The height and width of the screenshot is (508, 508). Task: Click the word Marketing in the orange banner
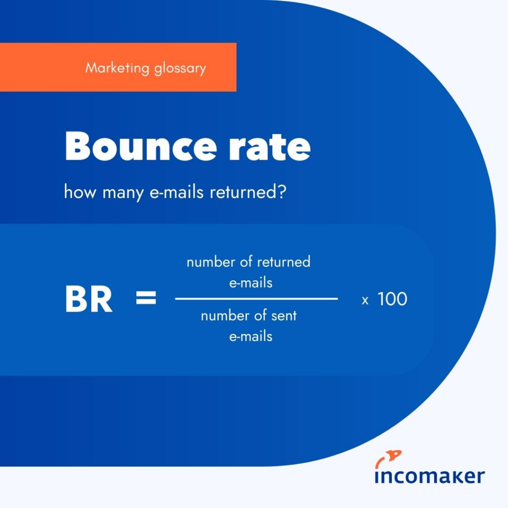[x=117, y=67]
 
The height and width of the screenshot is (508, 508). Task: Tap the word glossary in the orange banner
[x=180, y=68]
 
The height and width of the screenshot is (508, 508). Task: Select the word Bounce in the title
[x=141, y=146]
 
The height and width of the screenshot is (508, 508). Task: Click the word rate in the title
[x=269, y=147]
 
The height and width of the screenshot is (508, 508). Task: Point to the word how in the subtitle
[x=80, y=191]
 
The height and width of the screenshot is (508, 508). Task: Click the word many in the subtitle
[x=123, y=193]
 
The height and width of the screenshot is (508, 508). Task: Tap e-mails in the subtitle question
[x=177, y=191]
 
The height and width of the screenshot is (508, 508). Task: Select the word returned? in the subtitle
[x=248, y=191]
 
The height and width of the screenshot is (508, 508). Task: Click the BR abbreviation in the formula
[x=89, y=299]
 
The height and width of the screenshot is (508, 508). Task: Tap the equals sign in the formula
[x=146, y=298]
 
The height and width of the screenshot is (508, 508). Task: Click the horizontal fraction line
[x=256, y=299]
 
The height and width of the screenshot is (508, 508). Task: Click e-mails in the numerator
[x=251, y=283]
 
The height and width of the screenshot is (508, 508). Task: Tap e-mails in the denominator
[x=251, y=337]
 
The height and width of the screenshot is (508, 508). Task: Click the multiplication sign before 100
[x=365, y=301]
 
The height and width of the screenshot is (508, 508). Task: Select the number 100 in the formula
[x=392, y=299]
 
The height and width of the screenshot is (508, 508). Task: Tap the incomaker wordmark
[x=430, y=476]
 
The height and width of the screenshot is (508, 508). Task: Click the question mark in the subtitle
[x=282, y=191]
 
